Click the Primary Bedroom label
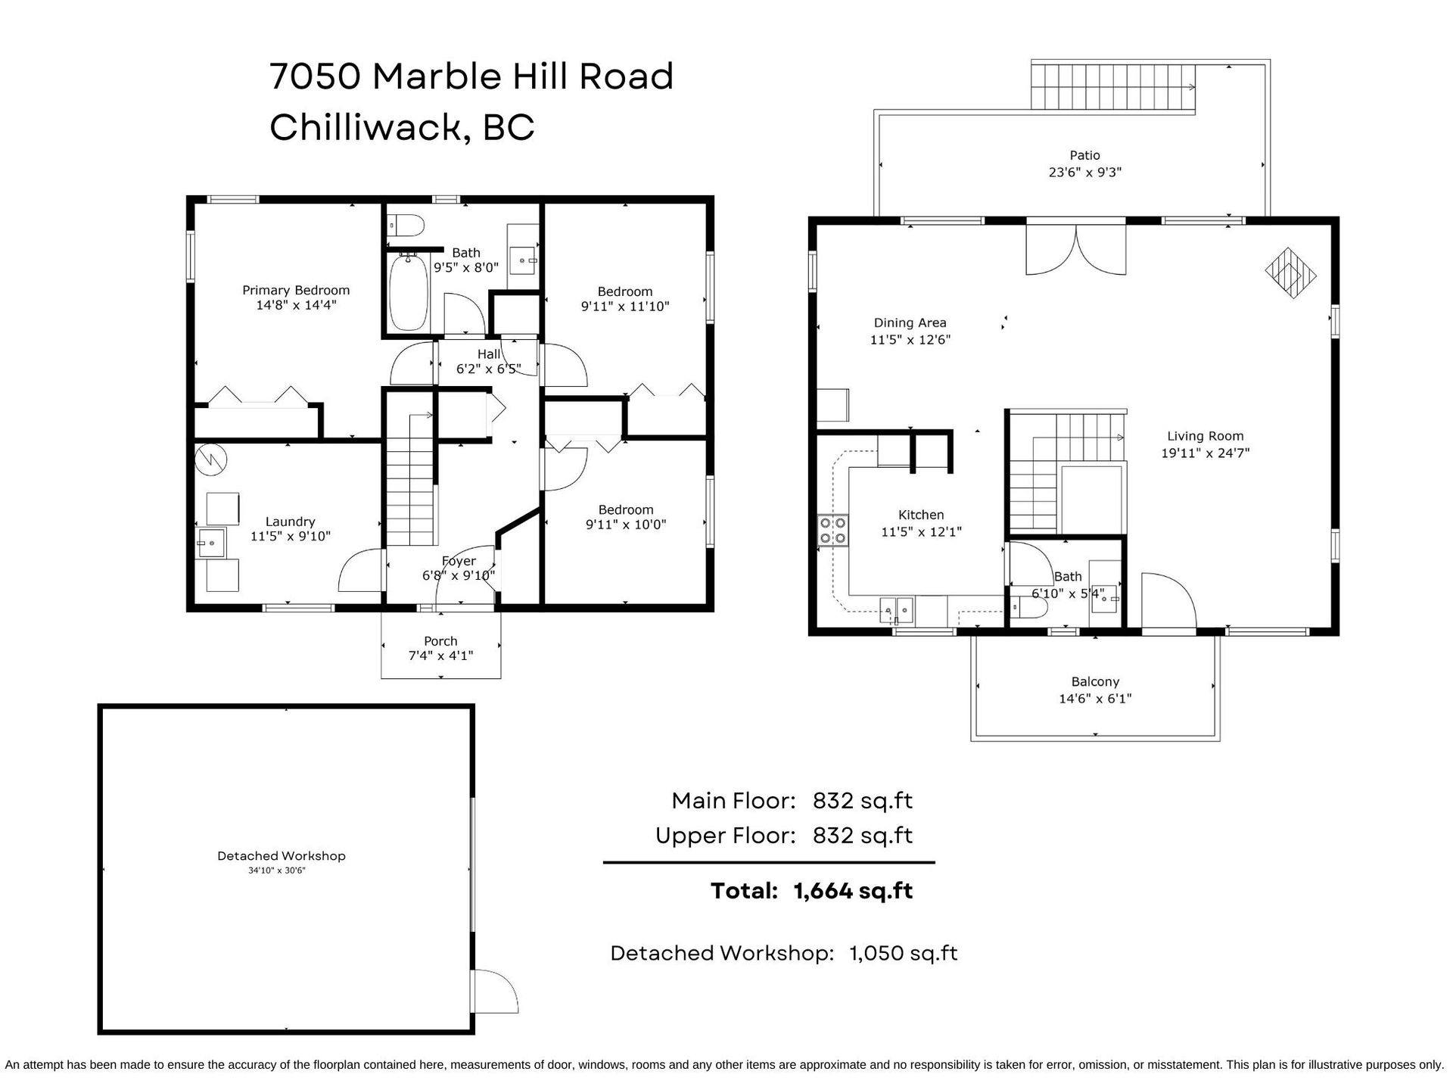tap(296, 290)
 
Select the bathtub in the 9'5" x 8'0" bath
tap(408, 291)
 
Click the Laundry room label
tap(290, 522)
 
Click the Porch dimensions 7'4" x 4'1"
tap(440, 656)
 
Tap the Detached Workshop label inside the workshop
tap(282, 856)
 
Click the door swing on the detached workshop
tap(495, 992)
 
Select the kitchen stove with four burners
tap(832, 530)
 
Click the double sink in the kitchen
tap(897, 609)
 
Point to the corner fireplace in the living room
tap(1291, 273)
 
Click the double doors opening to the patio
tap(1076, 248)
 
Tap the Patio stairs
tap(1112, 87)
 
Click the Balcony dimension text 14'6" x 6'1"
tap(1095, 699)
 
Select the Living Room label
tap(1205, 436)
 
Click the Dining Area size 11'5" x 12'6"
tap(910, 340)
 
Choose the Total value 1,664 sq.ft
tap(853, 891)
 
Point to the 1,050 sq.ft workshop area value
tap(904, 953)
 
